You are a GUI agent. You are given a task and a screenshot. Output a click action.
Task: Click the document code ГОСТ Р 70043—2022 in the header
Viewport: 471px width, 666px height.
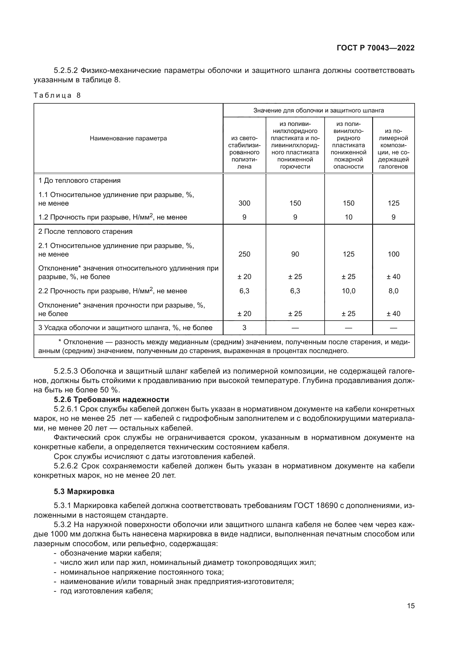pos(376,48)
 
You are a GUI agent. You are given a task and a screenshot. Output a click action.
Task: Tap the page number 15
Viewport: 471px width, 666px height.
pos(411,606)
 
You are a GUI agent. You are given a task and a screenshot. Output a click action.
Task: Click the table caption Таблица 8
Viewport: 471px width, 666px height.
pos(57,95)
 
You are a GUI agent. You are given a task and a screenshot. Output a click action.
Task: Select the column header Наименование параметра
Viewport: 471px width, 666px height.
pos(128,138)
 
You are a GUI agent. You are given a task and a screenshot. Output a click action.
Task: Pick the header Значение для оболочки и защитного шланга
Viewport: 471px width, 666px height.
pos(318,110)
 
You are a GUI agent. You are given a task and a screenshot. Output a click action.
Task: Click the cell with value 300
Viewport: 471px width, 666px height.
pos(244,203)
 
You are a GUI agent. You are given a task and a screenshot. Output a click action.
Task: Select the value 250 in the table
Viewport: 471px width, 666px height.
pos(244,254)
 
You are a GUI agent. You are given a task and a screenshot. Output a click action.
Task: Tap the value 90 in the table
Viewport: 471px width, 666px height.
pos(295,254)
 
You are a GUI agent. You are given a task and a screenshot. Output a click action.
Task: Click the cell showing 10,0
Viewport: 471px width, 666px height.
pos(348,291)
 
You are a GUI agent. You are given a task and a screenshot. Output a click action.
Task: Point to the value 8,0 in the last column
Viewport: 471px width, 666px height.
pos(393,291)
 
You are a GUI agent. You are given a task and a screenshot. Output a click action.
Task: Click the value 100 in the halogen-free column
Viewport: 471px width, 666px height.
pos(393,254)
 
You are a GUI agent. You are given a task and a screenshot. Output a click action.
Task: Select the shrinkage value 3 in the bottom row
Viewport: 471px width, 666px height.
pos(244,328)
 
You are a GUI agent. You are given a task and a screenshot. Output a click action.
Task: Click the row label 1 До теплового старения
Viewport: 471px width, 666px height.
pos(79,181)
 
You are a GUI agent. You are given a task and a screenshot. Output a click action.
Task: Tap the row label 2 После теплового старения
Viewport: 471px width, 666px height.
pos(85,231)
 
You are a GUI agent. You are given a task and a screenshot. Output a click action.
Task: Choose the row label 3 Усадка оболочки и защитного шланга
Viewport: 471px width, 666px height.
pos(125,328)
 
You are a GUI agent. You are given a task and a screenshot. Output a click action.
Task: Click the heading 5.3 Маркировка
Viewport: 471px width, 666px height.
pos(84,491)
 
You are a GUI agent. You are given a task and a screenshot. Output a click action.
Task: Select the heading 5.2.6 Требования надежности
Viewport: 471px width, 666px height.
pos(111,399)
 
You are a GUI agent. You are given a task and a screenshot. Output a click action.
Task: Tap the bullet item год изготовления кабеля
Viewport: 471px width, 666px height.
pos(107,591)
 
